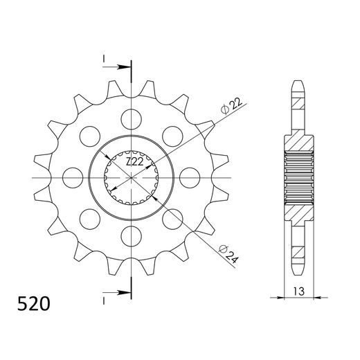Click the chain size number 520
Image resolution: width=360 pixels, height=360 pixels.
pyautogui.click(x=33, y=303)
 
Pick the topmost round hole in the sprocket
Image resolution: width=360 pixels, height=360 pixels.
pyautogui.click(x=130, y=117)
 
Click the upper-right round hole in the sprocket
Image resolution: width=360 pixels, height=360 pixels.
pyautogui.click(x=172, y=135)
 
